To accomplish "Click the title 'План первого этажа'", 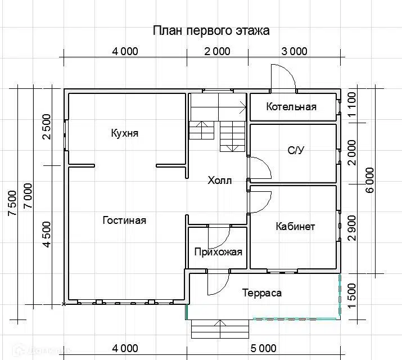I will pyautogui.click(x=211, y=30).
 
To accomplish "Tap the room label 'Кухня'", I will pyautogui.click(x=124, y=134).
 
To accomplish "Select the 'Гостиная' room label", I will pyautogui.click(x=124, y=220).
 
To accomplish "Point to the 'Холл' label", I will pyautogui.click(x=219, y=181).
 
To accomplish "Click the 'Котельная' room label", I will pyautogui.click(x=291, y=107).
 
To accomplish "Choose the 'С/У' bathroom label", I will pyautogui.click(x=296, y=150).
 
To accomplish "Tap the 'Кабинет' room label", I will pyautogui.click(x=295, y=227).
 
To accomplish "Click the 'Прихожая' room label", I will pyautogui.click(x=218, y=251).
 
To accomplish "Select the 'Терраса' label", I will pyautogui.click(x=262, y=293).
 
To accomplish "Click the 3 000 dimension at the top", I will pyautogui.click(x=294, y=52).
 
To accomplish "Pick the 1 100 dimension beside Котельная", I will pyautogui.click(x=353, y=105).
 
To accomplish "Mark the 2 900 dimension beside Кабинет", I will pyautogui.click(x=353, y=228).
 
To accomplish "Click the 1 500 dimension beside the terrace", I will pyautogui.click(x=353, y=293).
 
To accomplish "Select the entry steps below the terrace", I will pyautogui.click(x=219, y=328).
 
